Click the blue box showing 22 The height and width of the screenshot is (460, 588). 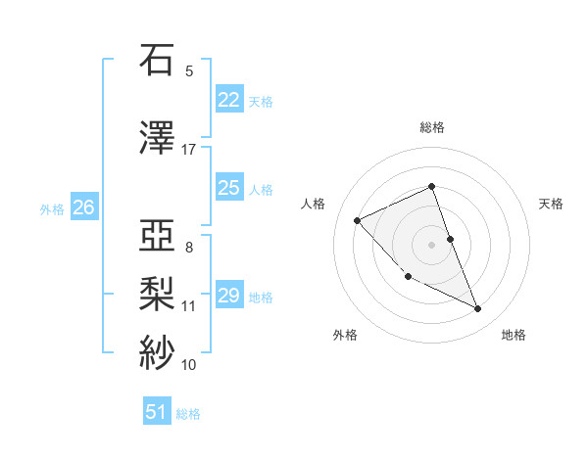pyautogui.click(x=228, y=100)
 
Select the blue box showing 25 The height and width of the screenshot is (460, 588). pyautogui.click(x=228, y=188)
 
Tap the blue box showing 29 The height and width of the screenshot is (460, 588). pyautogui.click(x=228, y=296)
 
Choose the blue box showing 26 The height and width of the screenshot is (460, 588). pyautogui.click(x=83, y=207)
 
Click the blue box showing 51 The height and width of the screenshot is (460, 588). pyautogui.click(x=157, y=412)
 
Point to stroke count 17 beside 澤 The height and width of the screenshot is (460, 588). pyautogui.click(x=189, y=150)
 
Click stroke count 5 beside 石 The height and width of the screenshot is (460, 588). pyautogui.click(x=189, y=70)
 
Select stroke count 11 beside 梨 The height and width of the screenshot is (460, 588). pyautogui.click(x=189, y=306)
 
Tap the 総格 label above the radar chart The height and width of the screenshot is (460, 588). pyautogui.click(x=432, y=127)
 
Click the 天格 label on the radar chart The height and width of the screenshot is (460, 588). pyautogui.click(x=552, y=204)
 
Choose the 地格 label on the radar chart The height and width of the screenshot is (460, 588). pyautogui.click(x=514, y=335)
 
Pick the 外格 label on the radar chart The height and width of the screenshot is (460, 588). pyautogui.click(x=345, y=335)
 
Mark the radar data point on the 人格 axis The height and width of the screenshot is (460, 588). pyautogui.click(x=358, y=220)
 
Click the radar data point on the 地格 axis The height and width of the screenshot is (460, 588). pyautogui.click(x=478, y=308)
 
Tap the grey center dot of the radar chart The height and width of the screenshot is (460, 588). pyautogui.click(x=432, y=244)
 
